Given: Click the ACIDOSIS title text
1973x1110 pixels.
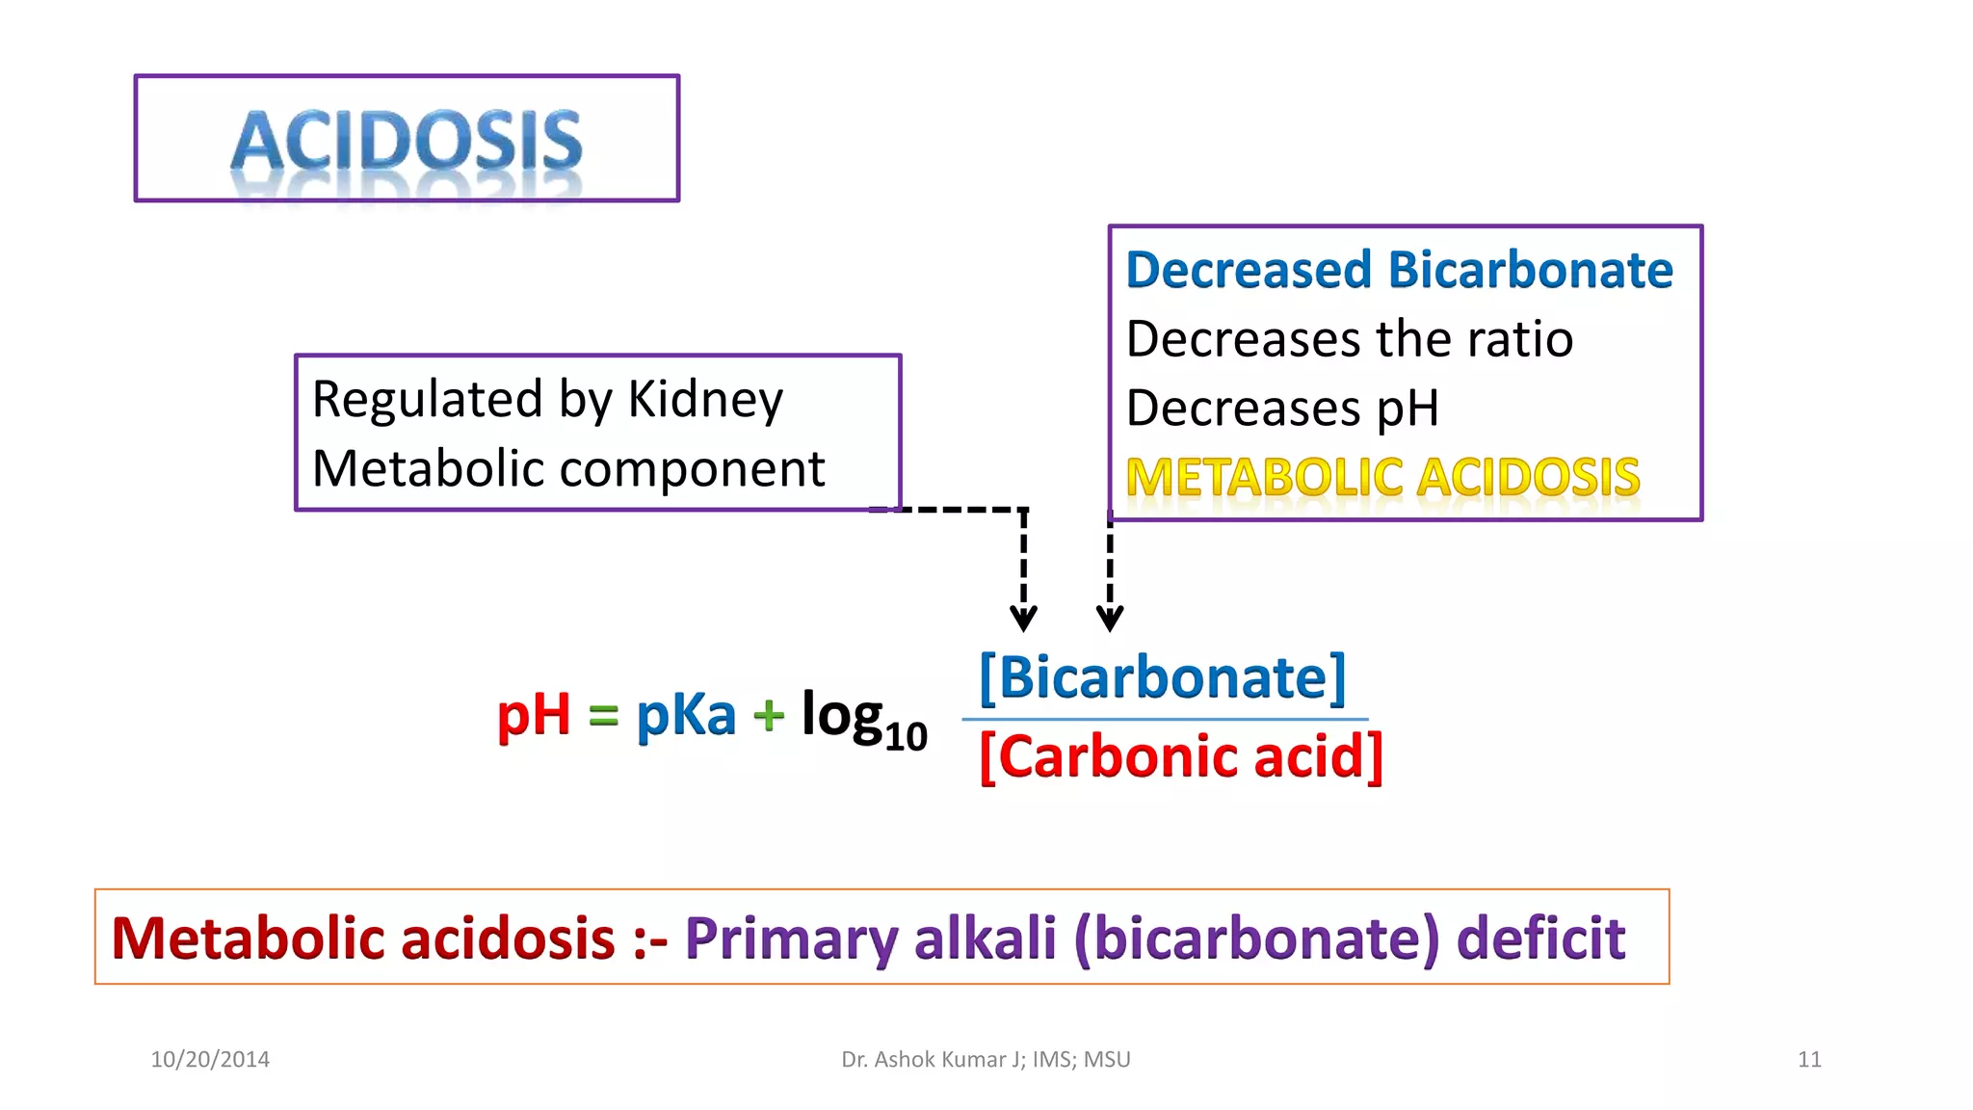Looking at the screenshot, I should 407,141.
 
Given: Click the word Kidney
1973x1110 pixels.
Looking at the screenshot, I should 705,399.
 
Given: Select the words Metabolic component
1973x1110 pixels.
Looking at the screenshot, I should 568,469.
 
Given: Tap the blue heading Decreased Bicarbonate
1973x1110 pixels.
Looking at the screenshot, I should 1399,270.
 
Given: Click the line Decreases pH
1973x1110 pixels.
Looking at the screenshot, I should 1282,408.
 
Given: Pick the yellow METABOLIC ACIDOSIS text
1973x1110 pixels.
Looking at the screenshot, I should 1382,477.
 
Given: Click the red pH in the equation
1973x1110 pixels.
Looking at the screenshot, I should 533,715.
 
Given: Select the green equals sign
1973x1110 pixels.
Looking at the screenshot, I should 603,716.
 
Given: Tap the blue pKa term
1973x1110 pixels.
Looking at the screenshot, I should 685,715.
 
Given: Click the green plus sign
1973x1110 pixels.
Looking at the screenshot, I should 769,716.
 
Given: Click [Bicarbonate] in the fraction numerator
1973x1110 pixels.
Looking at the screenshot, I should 1162,677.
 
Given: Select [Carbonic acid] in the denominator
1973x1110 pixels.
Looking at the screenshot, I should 1181,756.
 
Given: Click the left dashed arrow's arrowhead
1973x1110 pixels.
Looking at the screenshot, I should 1023,618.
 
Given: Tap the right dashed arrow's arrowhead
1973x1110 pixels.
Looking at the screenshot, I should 1110,618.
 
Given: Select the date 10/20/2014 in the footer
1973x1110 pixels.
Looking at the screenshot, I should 210,1059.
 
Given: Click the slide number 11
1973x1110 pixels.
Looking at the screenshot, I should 1809,1059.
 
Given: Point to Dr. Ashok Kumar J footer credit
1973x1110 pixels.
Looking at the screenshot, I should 931,1059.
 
